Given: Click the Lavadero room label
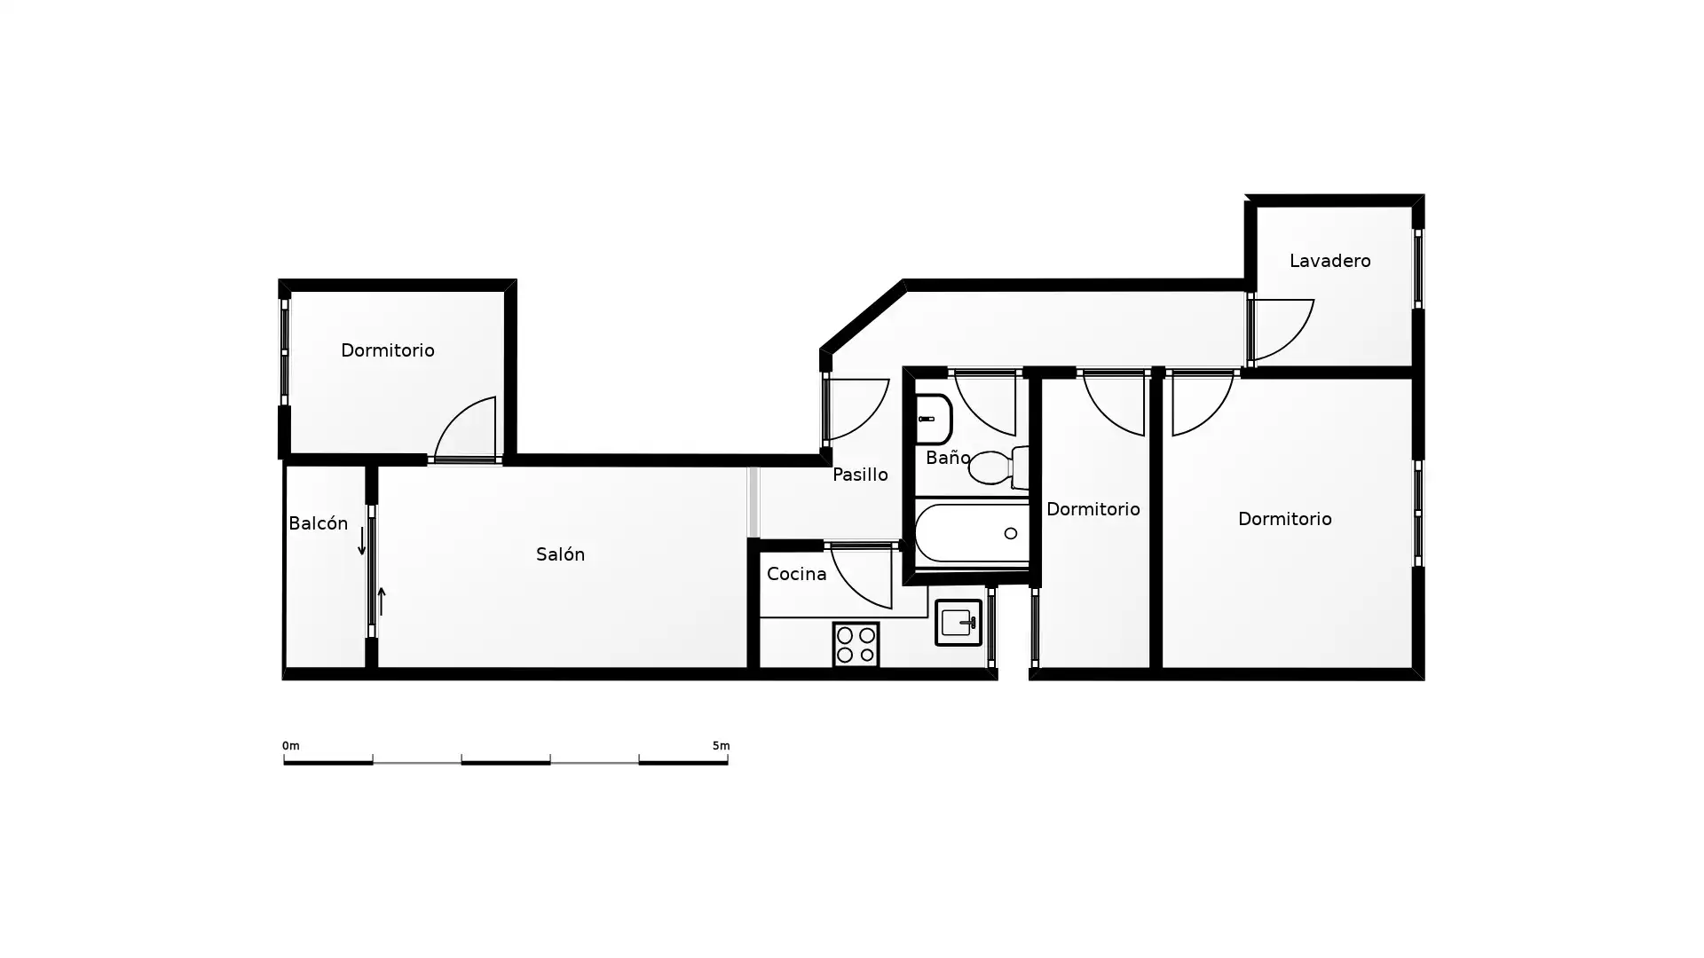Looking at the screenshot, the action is point(1329,261).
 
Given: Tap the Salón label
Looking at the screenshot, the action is point(560,554).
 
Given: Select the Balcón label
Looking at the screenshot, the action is point(318,523).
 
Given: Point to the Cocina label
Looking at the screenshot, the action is point(796,574).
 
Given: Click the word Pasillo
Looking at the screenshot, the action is point(860,475).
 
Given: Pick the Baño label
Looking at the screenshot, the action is point(948,458).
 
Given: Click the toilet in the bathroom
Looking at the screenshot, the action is point(999,467).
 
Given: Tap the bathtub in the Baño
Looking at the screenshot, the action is point(972,533).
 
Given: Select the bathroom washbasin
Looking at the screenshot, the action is point(933,419).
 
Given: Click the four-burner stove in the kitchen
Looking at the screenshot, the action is point(856,645).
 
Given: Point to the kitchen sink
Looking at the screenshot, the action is point(958,623).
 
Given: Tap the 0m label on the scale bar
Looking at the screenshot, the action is point(291,746).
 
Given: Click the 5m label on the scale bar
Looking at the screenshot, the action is point(721,746).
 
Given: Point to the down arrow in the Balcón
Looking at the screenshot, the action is point(362,541).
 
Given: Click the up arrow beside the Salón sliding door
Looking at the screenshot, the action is point(382,601).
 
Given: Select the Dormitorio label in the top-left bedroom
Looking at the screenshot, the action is point(388,350).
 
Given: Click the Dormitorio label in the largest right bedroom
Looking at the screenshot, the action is point(1285,519).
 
